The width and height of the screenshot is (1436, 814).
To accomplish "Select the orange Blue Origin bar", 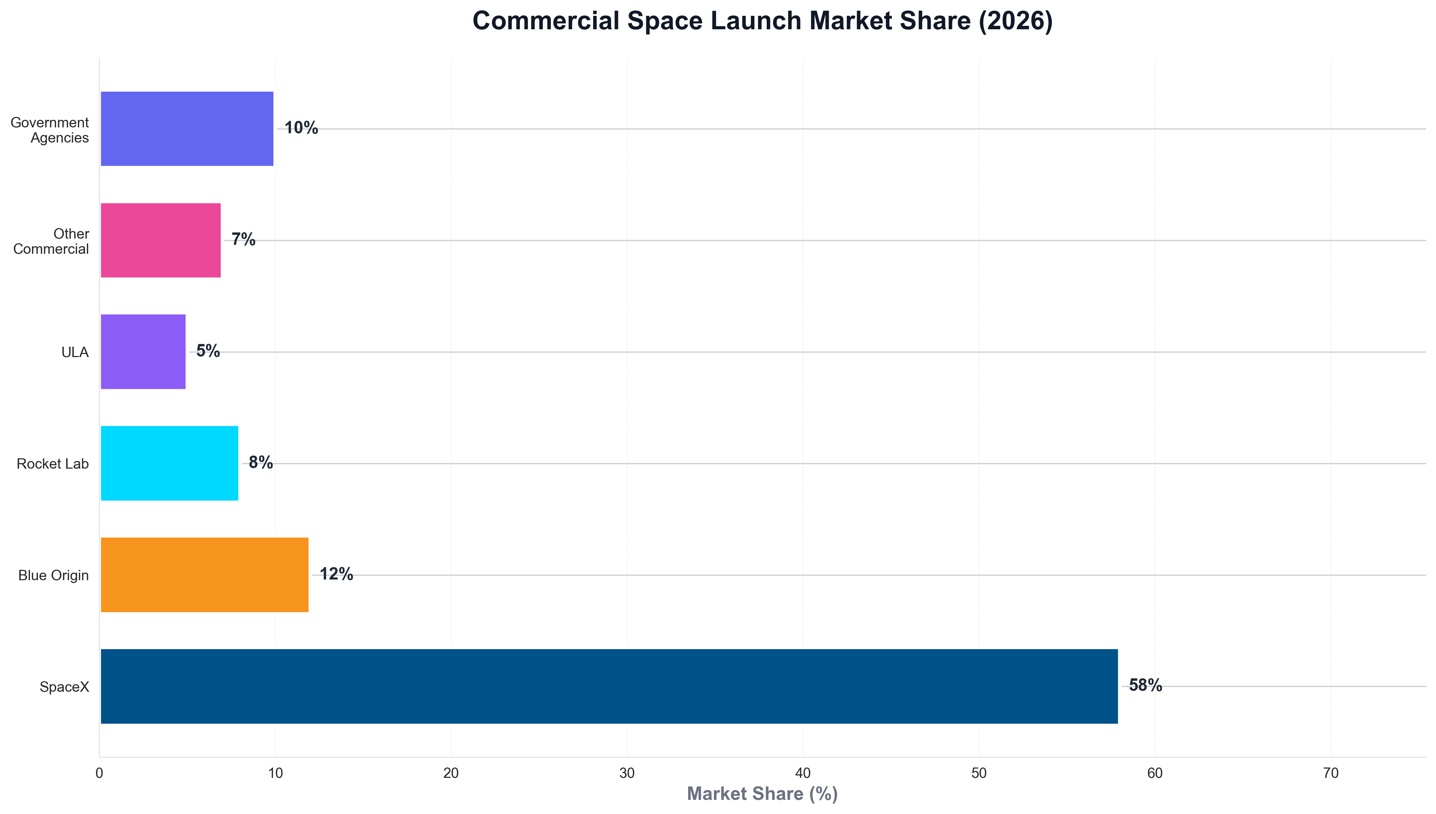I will (204, 575).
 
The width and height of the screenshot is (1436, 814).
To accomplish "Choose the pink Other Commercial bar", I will (161, 240).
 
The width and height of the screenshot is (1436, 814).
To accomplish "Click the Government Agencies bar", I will (187, 128).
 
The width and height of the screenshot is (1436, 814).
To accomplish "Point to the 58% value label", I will (1145, 686).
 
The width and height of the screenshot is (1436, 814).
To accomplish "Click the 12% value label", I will (336, 574).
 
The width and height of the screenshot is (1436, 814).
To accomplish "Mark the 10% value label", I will (301, 128).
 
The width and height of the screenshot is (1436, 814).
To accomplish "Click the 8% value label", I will (261, 462).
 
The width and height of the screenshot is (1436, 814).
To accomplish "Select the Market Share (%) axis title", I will (762, 794).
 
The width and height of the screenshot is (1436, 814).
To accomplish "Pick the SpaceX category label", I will (64, 687).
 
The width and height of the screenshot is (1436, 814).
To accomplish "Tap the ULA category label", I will (75, 352).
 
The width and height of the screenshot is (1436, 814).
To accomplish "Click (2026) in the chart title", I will (1015, 21).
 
